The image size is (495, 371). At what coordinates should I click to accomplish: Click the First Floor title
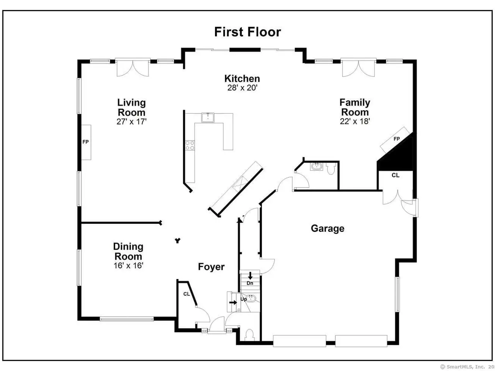pyautogui.click(x=247, y=32)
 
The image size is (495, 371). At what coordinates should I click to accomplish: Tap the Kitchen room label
pyautogui.click(x=242, y=78)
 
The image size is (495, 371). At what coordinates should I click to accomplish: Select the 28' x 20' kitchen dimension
pyautogui.click(x=242, y=88)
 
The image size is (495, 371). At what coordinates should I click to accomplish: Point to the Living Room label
pyautogui.click(x=131, y=107)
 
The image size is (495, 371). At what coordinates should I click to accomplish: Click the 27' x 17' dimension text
pyautogui.click(x=131, y=122)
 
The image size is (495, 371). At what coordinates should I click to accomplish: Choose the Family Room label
pyautogui.click(x=355, y=107)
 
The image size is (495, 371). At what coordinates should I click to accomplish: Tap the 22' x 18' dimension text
pyautogui.click(x=355, y=121)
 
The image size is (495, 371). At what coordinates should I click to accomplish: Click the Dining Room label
pyautogui.click(x=128, y=251)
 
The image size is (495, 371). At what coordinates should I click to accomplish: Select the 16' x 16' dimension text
pyautogui.click(x=128, y=265)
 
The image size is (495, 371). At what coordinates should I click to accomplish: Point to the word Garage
pyautogui.click(x=328, y=229)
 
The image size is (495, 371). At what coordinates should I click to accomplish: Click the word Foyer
pyautogui.click(x=211, y=267)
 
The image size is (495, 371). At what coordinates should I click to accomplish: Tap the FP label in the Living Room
pyautogui.click(x=85, y=142)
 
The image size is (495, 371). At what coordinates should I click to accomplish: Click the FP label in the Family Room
pyautogui.click(x=396, y=139)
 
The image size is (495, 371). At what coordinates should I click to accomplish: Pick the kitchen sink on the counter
pyautogui.click(x=207, y=117)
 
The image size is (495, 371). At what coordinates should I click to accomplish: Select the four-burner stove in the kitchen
pyautogui.click(x=190, y=145)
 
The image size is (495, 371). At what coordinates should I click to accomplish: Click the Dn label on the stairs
pyautogui.click(x=250, y=283)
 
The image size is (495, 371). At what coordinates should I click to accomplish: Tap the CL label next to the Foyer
pyautogui.click(x=186, y=294)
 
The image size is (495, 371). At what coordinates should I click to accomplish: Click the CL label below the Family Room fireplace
pyautogui.click(x=395, y=175)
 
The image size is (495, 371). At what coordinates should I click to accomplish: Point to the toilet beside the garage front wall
pyautogui.click(x=250, y=335)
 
